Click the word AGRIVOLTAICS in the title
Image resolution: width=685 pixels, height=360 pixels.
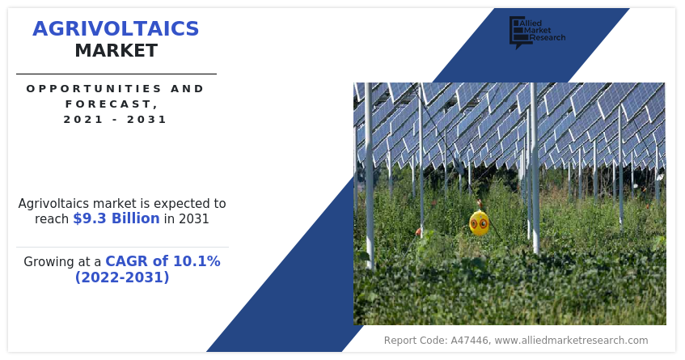tap(116, 29)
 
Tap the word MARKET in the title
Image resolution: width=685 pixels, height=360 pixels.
tap(116, 51)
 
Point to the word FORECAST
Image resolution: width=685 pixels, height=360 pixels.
tap(112, 104)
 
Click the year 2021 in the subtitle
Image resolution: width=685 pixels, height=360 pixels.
tap(83, 119)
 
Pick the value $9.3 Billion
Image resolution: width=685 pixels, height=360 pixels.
tap(116, 218)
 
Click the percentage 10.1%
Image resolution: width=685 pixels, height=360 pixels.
tap(197, 261)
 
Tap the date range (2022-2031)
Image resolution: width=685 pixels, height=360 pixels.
tap(122, 277)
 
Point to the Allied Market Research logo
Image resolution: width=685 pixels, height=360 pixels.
tap(537, 32)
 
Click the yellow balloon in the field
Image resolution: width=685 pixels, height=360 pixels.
tap(479, 223)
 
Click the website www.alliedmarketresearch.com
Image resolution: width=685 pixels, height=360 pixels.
tap(572, 341)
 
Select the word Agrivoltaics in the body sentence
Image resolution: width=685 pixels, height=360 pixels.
tap(54, 204)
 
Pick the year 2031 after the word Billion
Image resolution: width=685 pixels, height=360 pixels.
tap(193, 218)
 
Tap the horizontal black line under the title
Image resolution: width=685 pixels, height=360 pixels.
tap(116, 74)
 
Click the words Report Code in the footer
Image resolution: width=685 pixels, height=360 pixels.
tap(415, 341)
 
